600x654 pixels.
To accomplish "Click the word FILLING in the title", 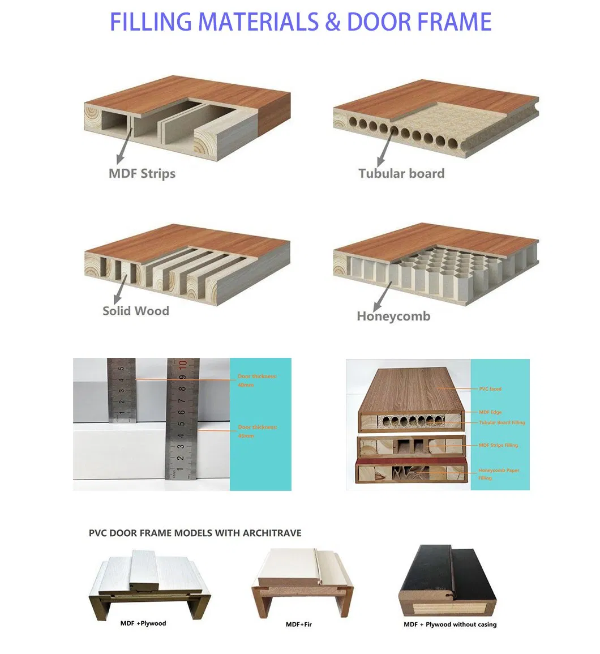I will [148, 22].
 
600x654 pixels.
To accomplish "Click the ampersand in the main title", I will [333, 22].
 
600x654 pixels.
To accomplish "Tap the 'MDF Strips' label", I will [142, 173].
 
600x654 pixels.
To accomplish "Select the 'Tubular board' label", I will [401, 173].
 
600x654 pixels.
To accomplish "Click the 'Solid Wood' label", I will [136, 310].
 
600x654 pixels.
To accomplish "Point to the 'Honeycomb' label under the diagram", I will [393, 317].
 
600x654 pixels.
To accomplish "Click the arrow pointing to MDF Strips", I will [125, 146].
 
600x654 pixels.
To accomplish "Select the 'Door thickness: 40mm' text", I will [258, 381].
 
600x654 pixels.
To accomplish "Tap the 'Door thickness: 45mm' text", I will [258, 431].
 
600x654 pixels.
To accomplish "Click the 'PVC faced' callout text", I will [490, 389].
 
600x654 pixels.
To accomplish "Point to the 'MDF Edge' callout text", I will [490, 412].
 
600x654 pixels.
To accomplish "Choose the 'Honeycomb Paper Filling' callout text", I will [498, 474].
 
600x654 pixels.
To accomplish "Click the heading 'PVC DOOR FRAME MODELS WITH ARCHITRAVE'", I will [195, 533].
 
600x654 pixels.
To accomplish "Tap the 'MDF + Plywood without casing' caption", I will [450, 625].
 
